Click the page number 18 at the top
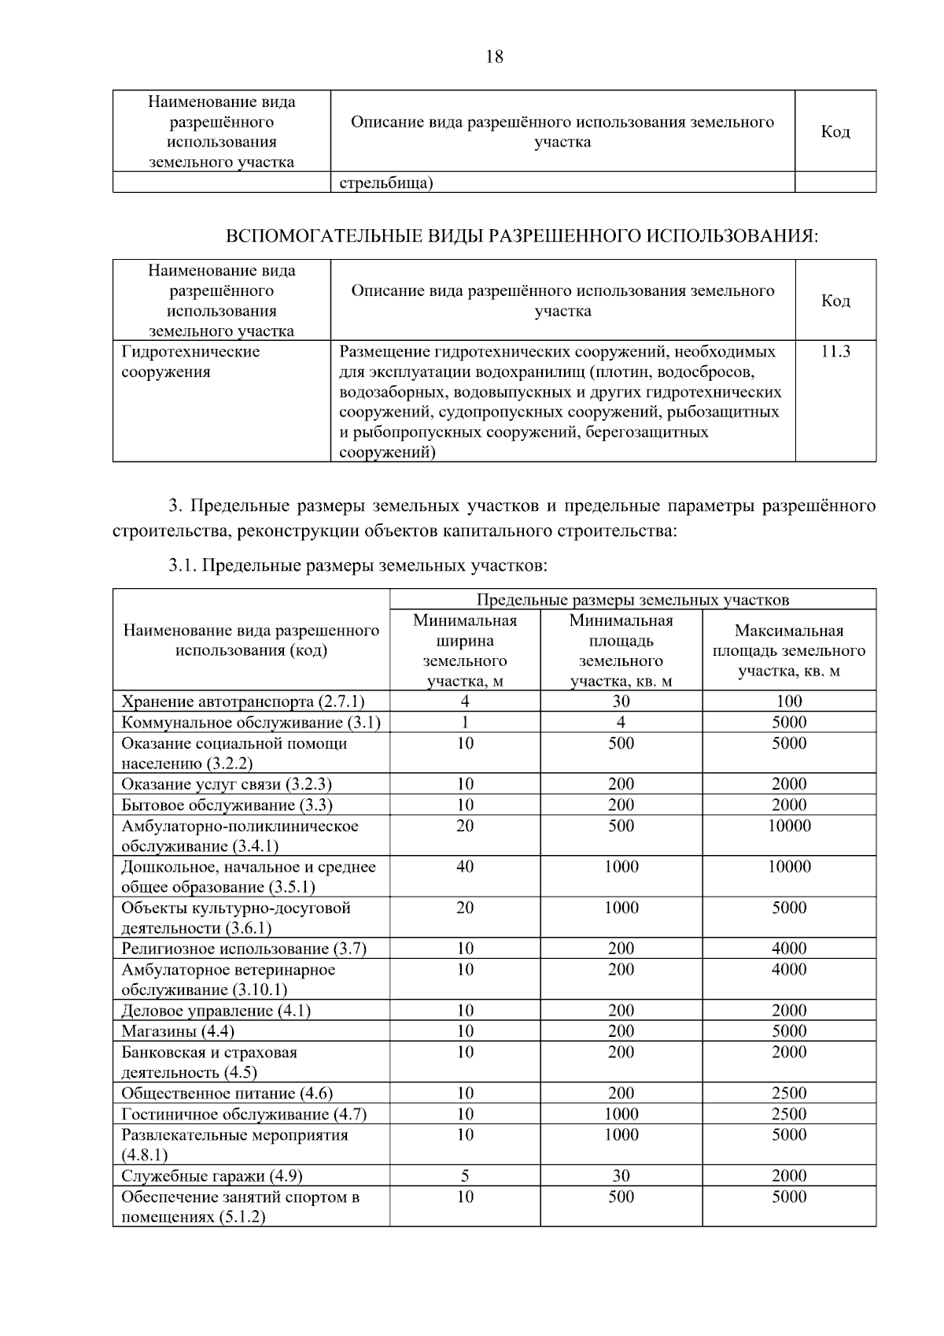(495, 57)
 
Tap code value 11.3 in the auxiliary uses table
(835, 351)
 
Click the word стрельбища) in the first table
(386, 183)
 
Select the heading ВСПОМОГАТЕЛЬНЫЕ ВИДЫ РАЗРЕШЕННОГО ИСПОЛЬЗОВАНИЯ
(522, 236)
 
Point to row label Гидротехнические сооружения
(190, 361)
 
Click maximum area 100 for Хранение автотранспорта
(789, 701)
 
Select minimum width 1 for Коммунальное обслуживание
(465, 722)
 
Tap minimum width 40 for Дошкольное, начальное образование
(465, 866)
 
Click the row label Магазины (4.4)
(178, 1031)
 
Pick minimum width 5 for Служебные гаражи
(465, 1175)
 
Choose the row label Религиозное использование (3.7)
(244, 948)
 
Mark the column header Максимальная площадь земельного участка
(789, 650)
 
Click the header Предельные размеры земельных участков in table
(632, 600)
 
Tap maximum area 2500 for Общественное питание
(789, 1093)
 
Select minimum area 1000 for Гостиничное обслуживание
(621, 1113)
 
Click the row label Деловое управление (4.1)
(216, 1010)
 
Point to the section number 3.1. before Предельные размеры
(183, 565)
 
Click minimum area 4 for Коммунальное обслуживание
(621, 722)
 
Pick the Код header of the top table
(835, 131)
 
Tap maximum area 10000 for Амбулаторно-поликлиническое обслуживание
(789, 825)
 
